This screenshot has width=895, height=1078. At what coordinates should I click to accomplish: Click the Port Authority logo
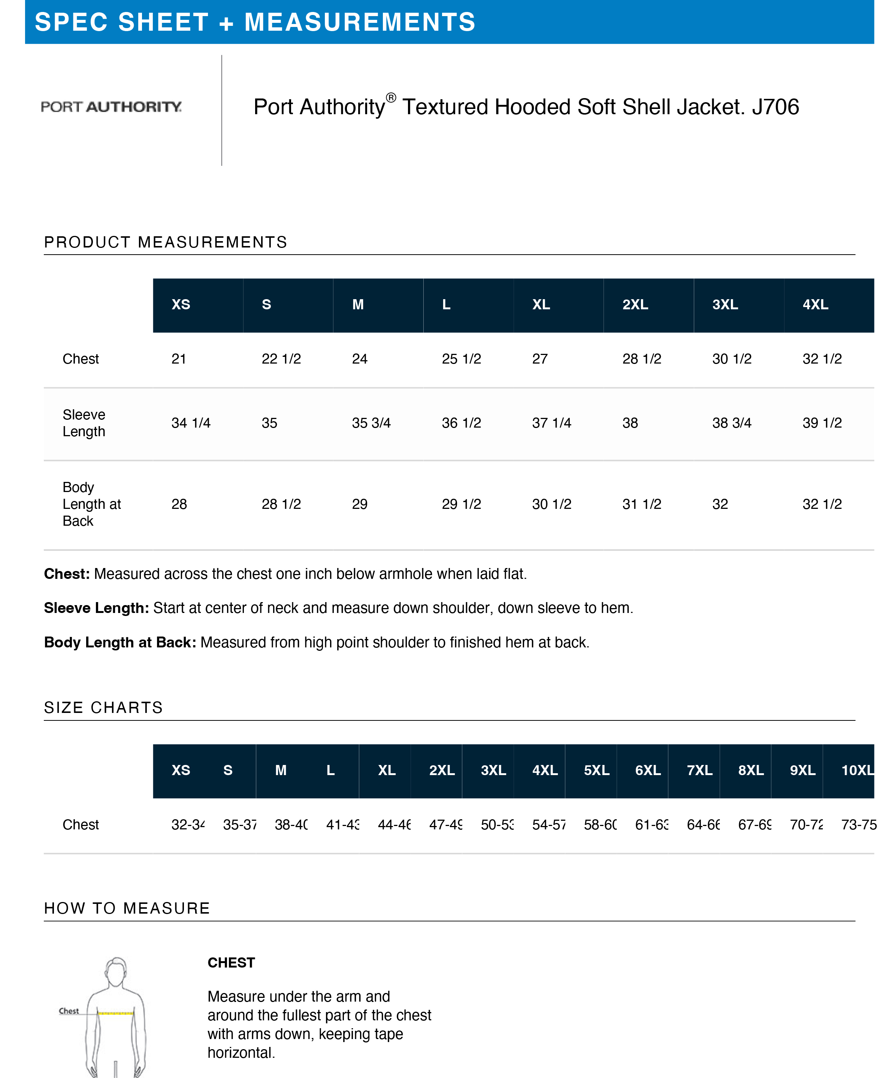pos(111,107)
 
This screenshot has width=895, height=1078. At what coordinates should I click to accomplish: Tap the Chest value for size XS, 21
pos(179,359)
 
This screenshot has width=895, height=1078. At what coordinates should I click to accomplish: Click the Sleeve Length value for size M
pos(371,423)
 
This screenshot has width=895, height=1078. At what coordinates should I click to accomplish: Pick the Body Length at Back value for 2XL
pos(641,504)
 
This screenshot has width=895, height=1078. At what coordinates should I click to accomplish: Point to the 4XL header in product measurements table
pos(816,304)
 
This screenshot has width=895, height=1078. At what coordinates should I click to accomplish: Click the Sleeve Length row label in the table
pos(84,423)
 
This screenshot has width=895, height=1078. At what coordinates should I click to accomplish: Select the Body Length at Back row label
pos(91,504)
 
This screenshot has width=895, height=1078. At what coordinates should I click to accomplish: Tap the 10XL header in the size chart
pos(857,770)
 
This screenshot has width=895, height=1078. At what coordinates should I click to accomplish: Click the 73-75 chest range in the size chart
pos(859,825)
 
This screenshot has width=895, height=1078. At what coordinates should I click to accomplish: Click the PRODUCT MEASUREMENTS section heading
pos(165,242)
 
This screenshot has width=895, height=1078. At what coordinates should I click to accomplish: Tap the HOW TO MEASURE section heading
pos(127,908)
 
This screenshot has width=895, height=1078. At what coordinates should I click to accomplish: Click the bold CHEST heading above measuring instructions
pos(231,963)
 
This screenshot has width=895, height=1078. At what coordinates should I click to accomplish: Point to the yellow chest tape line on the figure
pos(115,1013)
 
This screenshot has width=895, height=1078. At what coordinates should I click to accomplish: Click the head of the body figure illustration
pos(117,970)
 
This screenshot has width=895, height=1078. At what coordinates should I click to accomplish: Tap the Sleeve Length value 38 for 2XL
pos(630,423)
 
